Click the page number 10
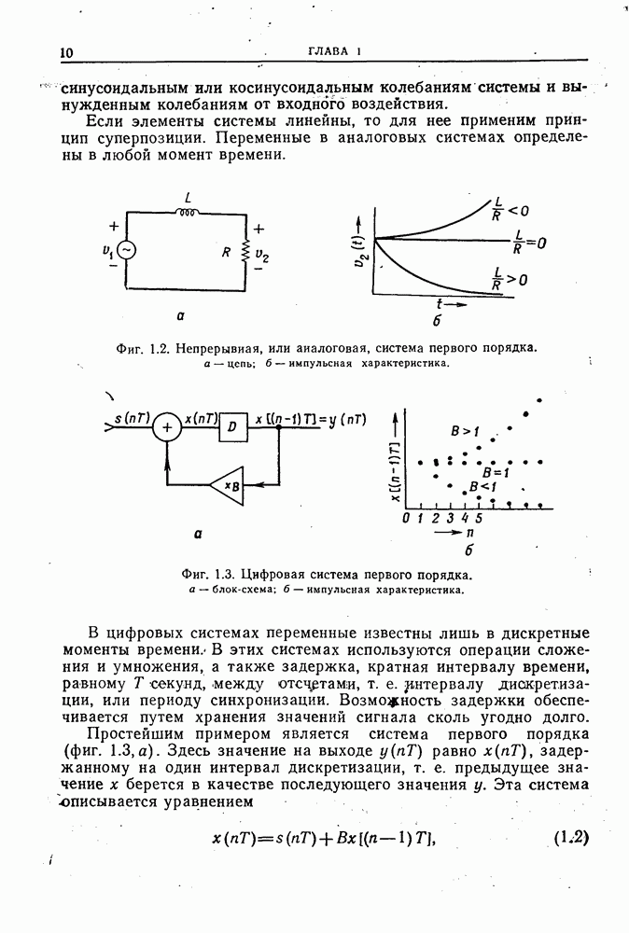[66, 52]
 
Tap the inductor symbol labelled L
[189, 212]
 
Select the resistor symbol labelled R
[245, 251]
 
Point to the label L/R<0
[508, 212]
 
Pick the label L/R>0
[510, 277]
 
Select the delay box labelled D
[231, 427]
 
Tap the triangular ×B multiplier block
[227, 485]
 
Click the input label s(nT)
[132, 418]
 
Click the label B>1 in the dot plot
[464, 431]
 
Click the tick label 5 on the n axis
[479, 516]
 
